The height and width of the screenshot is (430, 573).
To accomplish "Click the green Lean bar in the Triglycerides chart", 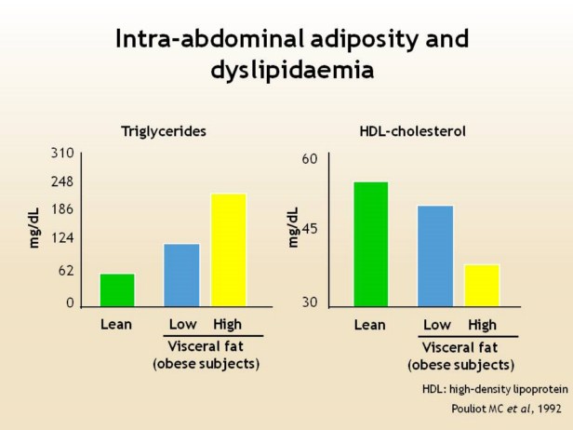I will [117, 289].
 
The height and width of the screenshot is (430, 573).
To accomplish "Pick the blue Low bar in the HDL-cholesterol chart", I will [435, 255].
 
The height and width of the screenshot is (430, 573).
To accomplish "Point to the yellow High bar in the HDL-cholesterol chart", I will [482, 285].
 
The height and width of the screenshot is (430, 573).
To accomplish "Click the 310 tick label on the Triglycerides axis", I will [62, 153].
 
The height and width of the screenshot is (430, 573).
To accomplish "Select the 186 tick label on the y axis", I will [62, 209].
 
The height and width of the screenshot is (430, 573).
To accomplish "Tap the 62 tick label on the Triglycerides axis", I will [65, 271].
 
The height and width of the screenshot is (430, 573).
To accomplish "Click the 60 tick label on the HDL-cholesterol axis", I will [311, 159].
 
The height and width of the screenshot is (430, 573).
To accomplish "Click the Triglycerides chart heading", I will [164, 131].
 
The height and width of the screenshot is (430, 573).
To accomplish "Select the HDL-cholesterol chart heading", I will [412, 131].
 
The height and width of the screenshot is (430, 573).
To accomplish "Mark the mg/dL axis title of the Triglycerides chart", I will [35, 229].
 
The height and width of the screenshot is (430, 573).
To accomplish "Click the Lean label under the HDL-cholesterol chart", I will [369, 325].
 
